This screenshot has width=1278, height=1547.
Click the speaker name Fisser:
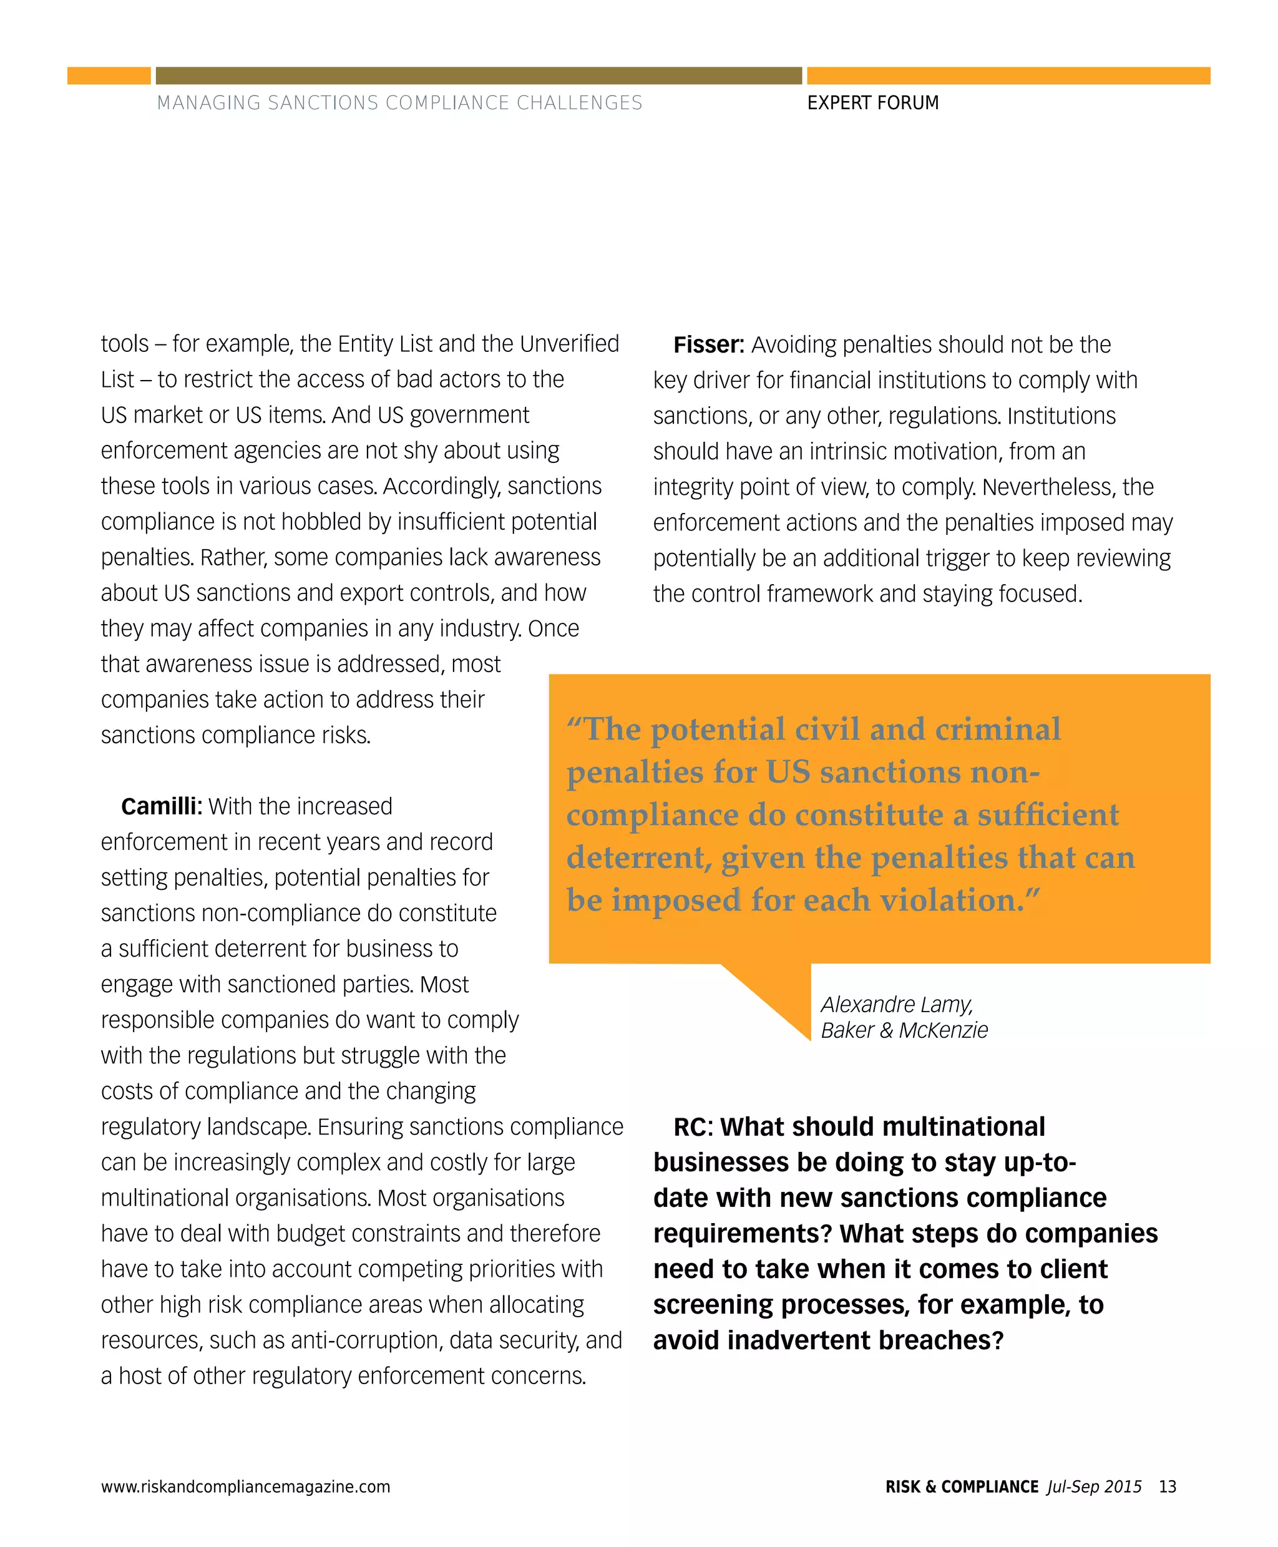click(x=708, y=344)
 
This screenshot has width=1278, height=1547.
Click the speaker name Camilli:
click(x=161, y=806)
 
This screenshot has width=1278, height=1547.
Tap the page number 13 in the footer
click(x=1167, y=1486)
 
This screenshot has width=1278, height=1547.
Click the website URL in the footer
click(x=245, y=1486)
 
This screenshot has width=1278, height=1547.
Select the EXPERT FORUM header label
click(x=872, y=103)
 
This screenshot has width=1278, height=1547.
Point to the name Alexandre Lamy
click(x=896, y=1004)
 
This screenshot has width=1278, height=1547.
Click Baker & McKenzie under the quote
click(x=904, y=1030)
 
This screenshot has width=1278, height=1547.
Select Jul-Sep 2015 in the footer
click(x=1094, y=1486)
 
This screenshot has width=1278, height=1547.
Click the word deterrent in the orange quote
click(x=638, y=858)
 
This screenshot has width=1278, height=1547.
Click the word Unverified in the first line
click(x=569, y=344)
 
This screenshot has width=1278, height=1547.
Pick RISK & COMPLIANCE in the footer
click(x=962, y=1486)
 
